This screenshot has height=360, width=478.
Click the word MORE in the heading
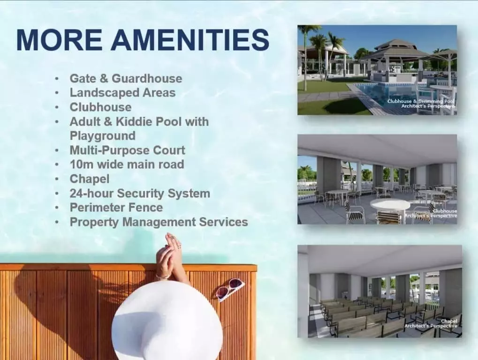[59, 39]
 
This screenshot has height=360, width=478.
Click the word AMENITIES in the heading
[190, 39]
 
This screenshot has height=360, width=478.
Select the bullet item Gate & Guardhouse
[126, 78]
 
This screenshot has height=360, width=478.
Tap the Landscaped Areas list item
[122, 93]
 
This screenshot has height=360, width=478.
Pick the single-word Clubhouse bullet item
[100, 107]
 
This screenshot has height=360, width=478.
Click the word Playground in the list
[102, 136]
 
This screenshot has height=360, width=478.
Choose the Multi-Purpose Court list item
[128, 150]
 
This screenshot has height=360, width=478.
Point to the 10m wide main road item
[127, 165]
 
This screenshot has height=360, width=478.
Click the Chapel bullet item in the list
[89, 179]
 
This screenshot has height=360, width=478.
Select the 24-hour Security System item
[140, 194]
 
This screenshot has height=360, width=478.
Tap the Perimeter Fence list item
[116, 207]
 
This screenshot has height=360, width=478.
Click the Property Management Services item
[159, 222]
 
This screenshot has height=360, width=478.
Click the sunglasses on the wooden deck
[230, 288]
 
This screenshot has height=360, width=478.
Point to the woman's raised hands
[167, 255]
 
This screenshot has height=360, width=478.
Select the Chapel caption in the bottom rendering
[449, 321]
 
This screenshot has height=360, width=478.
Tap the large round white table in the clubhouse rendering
[390, 204]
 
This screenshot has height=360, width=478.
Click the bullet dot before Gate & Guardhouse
[57, 79]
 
